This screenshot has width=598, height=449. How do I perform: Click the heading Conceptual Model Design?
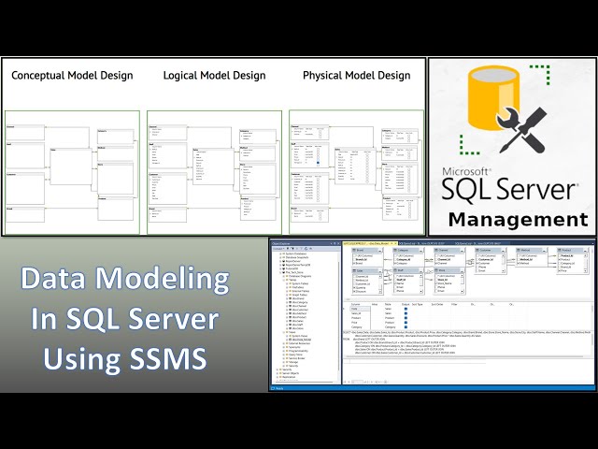pos(72,75)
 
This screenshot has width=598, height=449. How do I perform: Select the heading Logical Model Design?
pos(214,75)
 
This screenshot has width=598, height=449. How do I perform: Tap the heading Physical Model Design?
pos(356,75)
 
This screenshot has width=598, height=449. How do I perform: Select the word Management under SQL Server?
pos(519,220)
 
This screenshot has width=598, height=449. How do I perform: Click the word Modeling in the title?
pos(175,279)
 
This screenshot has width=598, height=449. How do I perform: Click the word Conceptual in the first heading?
pos(41,75)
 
